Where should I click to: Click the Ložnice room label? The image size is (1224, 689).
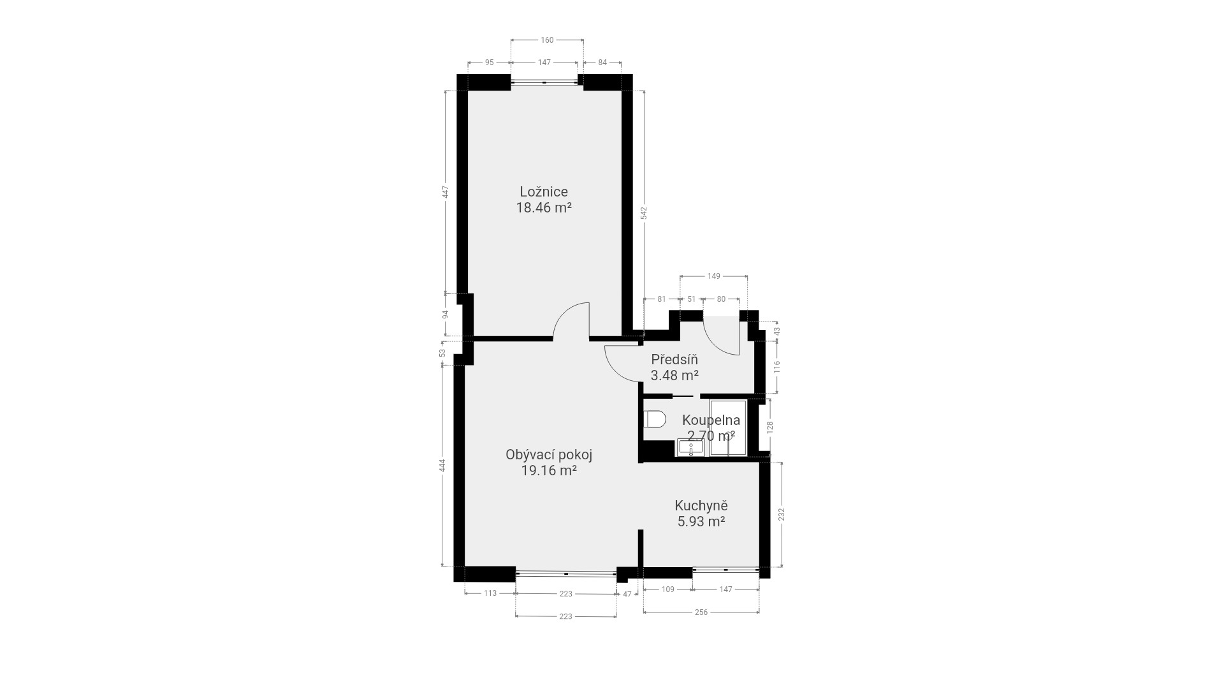(x=543, y=191)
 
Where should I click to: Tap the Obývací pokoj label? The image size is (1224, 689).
(x=549, y=455)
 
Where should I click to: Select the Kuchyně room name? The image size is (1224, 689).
(x=701, y=505)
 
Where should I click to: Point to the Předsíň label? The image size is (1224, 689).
(x=674, y=359)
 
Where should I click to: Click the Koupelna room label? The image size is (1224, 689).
(x=711, y=420)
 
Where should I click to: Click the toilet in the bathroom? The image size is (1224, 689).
(x=655, y=419)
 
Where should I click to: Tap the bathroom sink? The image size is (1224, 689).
(x=690, y=448)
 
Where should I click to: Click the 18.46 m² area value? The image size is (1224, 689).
(x=543, y=207)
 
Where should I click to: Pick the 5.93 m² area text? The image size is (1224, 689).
(x=701, y=521)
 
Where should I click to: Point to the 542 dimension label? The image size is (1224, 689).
(x=644, y=213)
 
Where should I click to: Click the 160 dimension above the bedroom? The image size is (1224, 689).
(x=547, y=40)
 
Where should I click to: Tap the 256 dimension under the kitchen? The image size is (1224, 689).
(x=701, y=612)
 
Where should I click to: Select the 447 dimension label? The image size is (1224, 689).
(x=446, y=192)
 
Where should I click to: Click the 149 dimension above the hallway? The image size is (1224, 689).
(x=714, y=276)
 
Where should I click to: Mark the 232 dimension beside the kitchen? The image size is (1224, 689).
(x=782, y=514)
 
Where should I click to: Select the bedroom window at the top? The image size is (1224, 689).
(x=544, y=82)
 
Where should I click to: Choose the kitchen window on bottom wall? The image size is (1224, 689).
(x=725, y=568)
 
